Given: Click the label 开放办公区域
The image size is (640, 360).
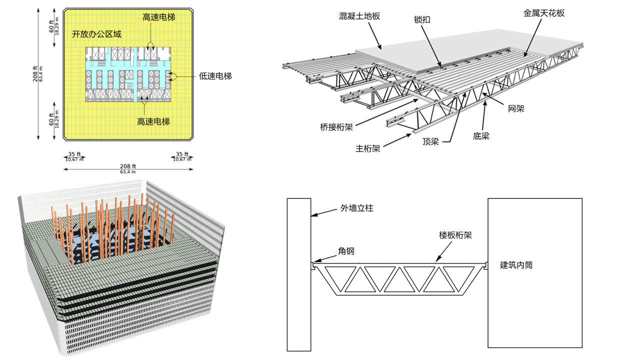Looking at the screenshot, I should [96, 34].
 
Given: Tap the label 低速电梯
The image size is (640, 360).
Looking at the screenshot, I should [215, 76].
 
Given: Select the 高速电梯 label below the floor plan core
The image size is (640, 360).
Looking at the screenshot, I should [153, 121].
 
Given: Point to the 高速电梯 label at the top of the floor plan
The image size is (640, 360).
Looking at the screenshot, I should [159, 17].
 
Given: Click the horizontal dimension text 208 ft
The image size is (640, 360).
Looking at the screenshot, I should [128, 166].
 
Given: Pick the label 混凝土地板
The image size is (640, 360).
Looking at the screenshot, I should [359, 16].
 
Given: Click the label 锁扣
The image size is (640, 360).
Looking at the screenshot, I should [422, 20].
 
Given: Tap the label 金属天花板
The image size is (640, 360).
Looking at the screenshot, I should [544, 13].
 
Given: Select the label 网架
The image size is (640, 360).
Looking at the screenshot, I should [516, 108].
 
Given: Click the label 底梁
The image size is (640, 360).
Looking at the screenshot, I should [481, 135].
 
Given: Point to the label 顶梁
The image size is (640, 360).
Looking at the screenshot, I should [430, 141].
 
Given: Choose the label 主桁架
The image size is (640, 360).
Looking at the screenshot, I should [368, 148].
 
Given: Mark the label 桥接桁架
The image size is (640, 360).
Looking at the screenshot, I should [336, 126].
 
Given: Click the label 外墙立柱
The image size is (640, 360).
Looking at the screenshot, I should [357, 207].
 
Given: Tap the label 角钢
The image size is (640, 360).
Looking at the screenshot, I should [346, 251].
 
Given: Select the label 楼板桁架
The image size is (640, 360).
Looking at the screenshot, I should [455, 234].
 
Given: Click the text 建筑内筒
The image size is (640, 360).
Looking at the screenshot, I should [516, 265].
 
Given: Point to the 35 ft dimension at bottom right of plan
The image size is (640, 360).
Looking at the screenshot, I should [182, 154].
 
